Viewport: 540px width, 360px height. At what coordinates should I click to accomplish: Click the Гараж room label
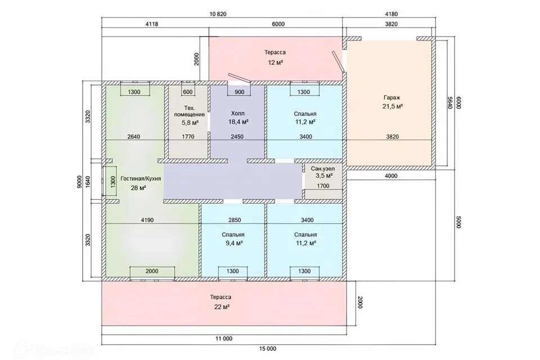[x=392, y=97]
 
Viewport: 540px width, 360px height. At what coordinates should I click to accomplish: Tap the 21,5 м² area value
[x=392, y=106]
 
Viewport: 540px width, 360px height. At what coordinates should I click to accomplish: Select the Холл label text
[x=238, y=113]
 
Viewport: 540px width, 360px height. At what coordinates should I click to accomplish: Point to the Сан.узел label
[x=323, y=169]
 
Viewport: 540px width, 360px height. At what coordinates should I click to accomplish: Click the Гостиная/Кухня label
[x=141, y=179]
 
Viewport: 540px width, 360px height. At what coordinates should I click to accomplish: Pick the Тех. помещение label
[x=189, y=111]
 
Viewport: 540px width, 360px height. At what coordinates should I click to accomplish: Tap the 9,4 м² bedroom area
[x=232, y=243]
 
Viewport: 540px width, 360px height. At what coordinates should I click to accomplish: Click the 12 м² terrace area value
[x=275, y=62]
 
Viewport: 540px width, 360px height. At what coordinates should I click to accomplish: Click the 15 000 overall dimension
[x=268, y=349]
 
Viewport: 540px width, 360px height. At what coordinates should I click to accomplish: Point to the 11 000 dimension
[x=224, y=339]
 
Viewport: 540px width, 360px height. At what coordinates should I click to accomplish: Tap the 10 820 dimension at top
[x=218, y=14]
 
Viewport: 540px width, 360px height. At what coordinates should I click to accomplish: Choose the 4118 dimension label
[x=151, y=24]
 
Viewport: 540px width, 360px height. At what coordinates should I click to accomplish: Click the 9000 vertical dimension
[x=79, y=181]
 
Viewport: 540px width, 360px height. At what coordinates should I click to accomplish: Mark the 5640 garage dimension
[x=449, y=102]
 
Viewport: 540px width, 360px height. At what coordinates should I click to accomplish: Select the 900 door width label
[x=240, y=92]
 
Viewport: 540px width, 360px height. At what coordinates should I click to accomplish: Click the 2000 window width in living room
[x=152, y=271]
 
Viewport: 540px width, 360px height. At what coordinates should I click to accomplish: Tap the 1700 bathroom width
[x=323, y=186]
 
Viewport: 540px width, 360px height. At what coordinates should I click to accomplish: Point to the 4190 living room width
[x=147, y=220]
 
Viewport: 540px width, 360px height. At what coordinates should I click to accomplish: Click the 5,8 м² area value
[x=190, y=121]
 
